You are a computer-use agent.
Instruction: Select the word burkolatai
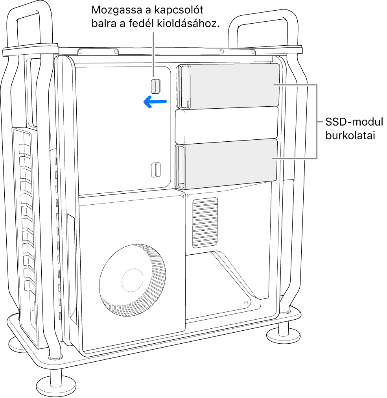[x=349, y=136]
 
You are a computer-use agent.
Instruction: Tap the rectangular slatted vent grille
[x=205, y=222]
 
